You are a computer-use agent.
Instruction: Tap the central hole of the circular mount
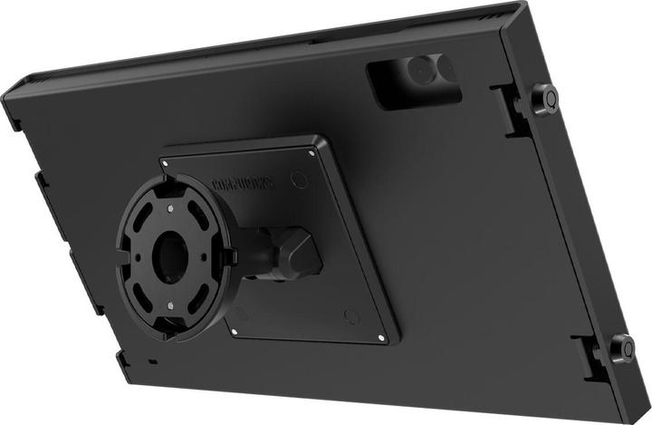pyautogui.click(x=168, y=256)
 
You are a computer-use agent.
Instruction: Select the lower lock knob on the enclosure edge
pyautogui.click(x=622, y=348)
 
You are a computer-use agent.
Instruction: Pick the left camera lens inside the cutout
pyautogui.click(x=417, y=72)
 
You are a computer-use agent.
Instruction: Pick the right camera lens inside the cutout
pyautogui.click(x=446, y=69)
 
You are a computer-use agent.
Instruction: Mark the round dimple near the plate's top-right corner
pyautogui.click(x=300, y=179)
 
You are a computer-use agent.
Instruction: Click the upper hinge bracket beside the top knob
pyautogui.click(x=513, y=110)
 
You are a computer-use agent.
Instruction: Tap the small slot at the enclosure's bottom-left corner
pyautogui.click(x=151, y=362)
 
